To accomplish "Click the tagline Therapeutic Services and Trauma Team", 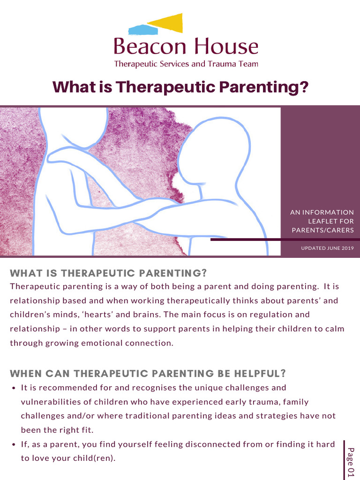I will [x=186, y=64].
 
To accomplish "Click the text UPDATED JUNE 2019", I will [x=327, y=248].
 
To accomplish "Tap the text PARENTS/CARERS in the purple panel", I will [x=322, y=230].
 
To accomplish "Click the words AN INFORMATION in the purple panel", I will [x=322, y=212].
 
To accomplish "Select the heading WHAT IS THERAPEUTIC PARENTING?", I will [x=108, y=273].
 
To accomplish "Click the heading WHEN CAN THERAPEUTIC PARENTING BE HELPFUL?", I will [x=148, y=374].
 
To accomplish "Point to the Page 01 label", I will [x=351, y=462].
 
